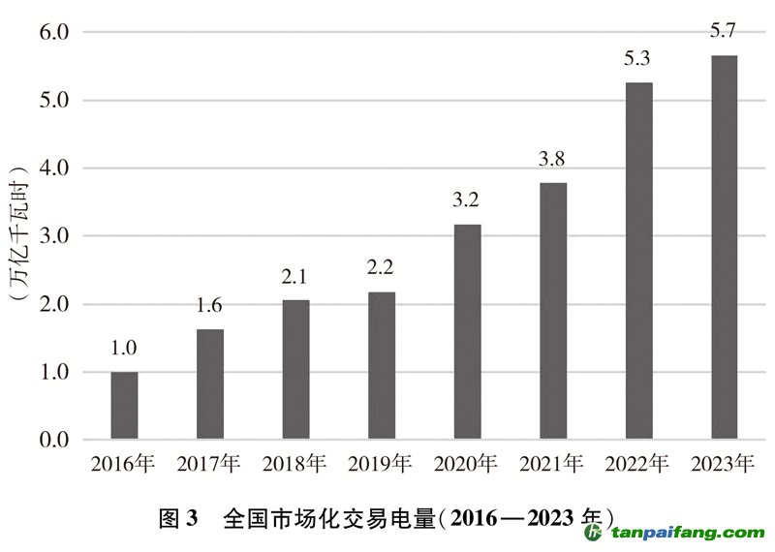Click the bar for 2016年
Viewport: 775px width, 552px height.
tap(124, 406)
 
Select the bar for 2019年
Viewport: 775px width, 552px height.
tap(382, 366)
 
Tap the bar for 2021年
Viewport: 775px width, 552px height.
tap(553, 311)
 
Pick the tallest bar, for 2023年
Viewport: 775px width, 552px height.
tap(725, 248)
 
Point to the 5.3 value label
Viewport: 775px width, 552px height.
tap(638, 60)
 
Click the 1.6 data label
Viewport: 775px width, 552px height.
tap(209, 307)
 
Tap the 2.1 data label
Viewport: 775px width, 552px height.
tap(295, 278)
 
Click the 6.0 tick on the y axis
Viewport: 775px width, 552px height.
tap(54, 32)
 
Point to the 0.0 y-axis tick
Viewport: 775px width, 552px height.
tap(54, 441)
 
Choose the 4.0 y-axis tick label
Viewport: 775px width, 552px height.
tap(54, 169)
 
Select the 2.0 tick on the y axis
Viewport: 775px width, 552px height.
tap(54, 304)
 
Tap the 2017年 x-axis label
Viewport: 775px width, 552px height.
tap(209, 465)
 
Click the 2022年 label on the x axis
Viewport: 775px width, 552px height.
tap(638, 465)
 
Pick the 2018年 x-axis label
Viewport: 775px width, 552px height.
tap(295, 465)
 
